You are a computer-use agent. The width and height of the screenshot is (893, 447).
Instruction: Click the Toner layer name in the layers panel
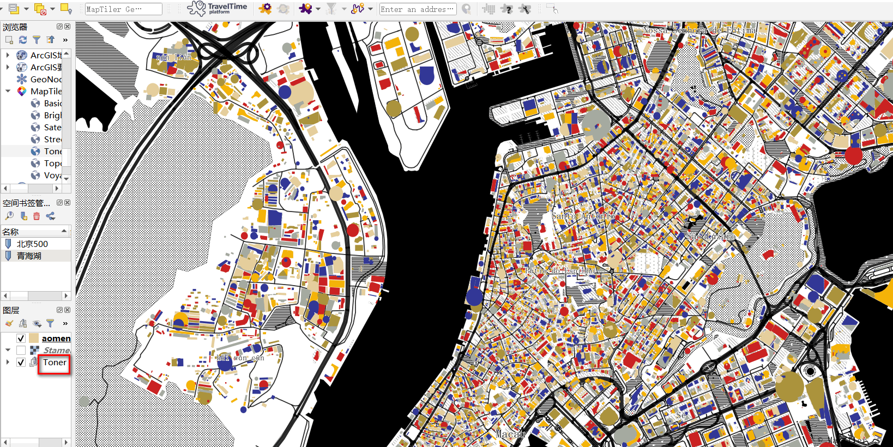pyautogui.click(x=55, y=363)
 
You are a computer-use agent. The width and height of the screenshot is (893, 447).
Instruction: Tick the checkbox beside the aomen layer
pyautogui.click(x=21, y=338)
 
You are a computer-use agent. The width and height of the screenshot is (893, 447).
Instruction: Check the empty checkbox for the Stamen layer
pyautogui.click(x=21, y=350)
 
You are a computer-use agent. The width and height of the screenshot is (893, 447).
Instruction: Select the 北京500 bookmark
pyautogui.click(x=32, y=244)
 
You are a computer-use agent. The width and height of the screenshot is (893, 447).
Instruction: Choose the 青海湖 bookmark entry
pyautogui.click(x=29, y=256)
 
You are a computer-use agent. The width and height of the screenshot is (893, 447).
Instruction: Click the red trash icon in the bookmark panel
pyautogui.click(x=37, y=216)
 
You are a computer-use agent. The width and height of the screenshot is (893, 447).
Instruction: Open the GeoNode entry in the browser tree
pyautogui.click(x=46, y=79)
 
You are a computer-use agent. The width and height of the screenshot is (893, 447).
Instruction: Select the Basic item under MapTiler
pyautogui.click(x=52, y=103)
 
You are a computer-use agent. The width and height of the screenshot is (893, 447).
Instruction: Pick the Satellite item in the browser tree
pyautogui.click(x=52, y=127)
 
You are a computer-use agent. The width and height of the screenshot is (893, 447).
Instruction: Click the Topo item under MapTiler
pyautogui.click(x=52, y=163)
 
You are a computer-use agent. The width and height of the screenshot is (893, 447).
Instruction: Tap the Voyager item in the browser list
pyautogui.click(x=52, y=175)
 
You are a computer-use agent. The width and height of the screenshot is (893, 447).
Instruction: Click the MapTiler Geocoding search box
pyautogui.click(x=123, y=9)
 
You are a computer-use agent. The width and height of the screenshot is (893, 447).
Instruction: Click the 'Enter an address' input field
pyautogui.click(x=418, y=9)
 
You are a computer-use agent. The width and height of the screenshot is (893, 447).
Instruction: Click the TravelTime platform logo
pyautogui.click(x=218, y=8)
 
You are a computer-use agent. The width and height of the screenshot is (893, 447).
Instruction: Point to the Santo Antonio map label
pyautogui.click(x=583, y=216)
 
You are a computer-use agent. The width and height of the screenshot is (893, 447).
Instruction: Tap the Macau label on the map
pyautogui.click(x=510, y=434)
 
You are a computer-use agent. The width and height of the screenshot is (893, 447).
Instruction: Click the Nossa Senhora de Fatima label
pyautogui.click(x=699, y=30)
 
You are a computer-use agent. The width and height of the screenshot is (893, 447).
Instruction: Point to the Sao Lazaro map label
pyautogui.click(x=711, y=237)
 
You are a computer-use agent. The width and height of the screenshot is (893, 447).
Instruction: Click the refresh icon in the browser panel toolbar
pyautogui.click(x=22, y=40)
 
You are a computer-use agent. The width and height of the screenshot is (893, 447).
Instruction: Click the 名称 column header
pyautogui.click(x=11, y=232)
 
